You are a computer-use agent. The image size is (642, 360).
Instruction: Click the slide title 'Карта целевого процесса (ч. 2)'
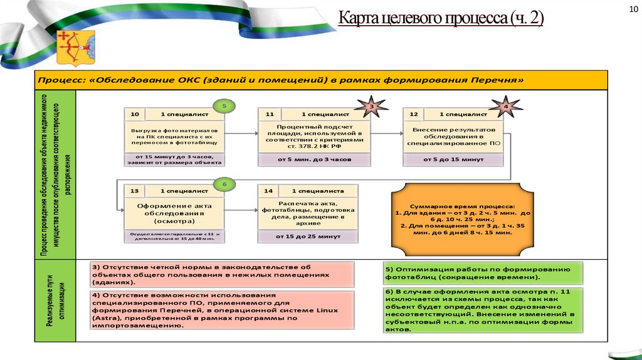point(441,19)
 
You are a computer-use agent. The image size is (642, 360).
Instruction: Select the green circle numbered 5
point(225,106)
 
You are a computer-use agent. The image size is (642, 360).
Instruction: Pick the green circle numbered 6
point(225,184)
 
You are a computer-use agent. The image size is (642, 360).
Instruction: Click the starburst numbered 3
point(370,107)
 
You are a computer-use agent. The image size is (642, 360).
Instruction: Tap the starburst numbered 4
point(506,107)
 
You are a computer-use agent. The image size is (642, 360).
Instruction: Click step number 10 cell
point(134,115)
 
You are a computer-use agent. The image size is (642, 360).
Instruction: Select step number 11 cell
point(270,115)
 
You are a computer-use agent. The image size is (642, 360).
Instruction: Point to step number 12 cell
point(413,115)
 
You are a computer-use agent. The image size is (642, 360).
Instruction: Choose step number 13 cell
point(134,190)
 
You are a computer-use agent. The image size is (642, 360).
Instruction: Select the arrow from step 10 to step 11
point(241,132)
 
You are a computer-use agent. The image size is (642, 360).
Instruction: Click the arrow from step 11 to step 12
point(386,132)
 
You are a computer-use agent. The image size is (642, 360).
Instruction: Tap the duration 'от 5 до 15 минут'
point(453,159)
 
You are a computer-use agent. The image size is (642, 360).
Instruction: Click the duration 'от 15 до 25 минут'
point(308,236)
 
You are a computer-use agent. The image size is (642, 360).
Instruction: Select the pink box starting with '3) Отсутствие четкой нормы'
point(221,274)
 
